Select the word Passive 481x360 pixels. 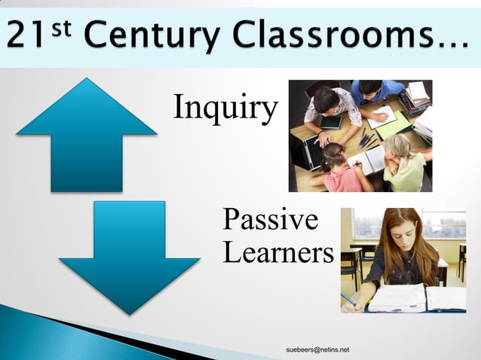270,221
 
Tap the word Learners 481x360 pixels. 278,253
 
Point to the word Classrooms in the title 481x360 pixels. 333,35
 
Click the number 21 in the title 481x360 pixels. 27,35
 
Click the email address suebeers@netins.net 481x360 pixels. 317,350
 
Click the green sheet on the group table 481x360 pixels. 392,124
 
